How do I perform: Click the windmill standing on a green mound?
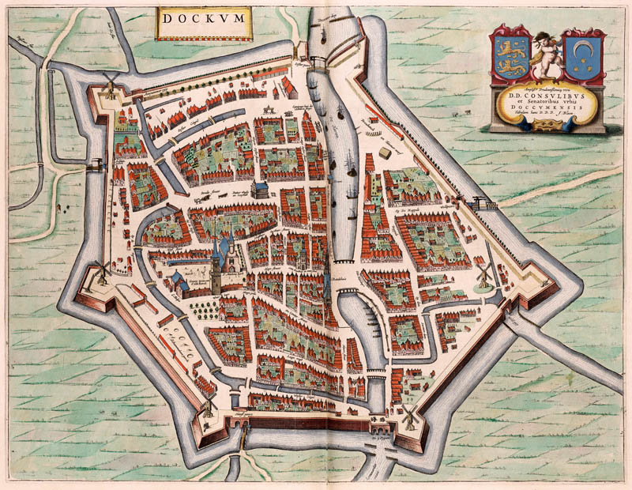point(484,273)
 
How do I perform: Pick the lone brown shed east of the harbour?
point(386,152)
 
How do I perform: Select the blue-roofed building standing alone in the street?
point(259,190)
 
